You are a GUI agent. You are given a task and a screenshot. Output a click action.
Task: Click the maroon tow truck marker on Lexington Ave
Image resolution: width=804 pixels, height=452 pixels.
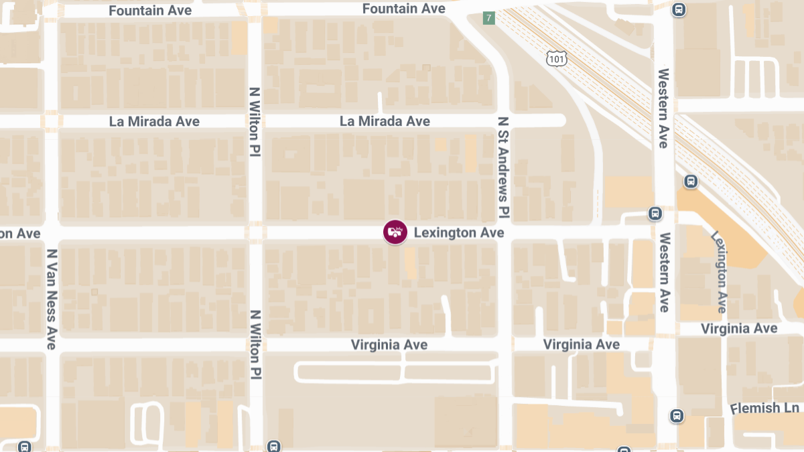[x=395, y=232]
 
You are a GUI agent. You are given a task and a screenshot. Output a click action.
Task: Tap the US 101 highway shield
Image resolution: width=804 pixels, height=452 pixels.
[x=557, y=59]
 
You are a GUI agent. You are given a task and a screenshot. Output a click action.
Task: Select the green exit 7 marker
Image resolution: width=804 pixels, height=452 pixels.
[x=489, y=18]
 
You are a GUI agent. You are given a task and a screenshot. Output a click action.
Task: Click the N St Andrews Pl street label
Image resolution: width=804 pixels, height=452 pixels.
[x=504, y=168]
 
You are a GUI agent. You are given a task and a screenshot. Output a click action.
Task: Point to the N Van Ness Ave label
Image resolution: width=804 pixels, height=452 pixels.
[x=52, y=299]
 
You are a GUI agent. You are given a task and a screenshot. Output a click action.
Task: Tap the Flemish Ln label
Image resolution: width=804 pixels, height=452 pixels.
[x=765, y=408]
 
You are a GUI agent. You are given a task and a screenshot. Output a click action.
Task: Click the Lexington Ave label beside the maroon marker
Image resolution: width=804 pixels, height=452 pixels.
[x=458, y=233]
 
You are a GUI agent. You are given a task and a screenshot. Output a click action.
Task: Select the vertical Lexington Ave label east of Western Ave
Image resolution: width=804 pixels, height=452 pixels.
[x=719, y=273]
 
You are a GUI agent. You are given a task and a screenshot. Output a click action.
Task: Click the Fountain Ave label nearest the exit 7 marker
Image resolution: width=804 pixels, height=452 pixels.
[x=403, y=9]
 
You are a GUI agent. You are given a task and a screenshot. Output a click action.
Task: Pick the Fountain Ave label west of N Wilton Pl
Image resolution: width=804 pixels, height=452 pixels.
[x=150, y=11]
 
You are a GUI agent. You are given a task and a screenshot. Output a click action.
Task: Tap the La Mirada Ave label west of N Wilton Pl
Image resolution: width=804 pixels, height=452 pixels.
[x=154, y=121]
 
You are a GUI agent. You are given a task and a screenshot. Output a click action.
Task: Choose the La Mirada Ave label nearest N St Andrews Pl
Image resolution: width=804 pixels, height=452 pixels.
[x=385, y=121]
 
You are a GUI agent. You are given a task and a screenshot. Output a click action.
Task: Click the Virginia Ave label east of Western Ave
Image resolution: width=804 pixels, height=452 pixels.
[x=739, y=328]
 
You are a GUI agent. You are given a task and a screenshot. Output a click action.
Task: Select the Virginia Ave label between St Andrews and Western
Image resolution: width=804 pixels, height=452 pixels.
[x=581, y=344]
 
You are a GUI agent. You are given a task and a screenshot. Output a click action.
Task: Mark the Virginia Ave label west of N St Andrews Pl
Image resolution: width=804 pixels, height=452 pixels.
[x=389, y=344]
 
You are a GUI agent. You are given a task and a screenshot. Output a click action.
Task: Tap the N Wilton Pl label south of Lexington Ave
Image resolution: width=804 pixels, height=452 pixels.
[x=255, y=346]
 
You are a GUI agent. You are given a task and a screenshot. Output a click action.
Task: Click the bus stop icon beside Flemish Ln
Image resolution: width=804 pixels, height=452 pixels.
[x=677, y=416]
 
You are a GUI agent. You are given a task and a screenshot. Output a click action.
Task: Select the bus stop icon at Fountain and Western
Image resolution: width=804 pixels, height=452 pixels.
[x=679, y=10]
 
